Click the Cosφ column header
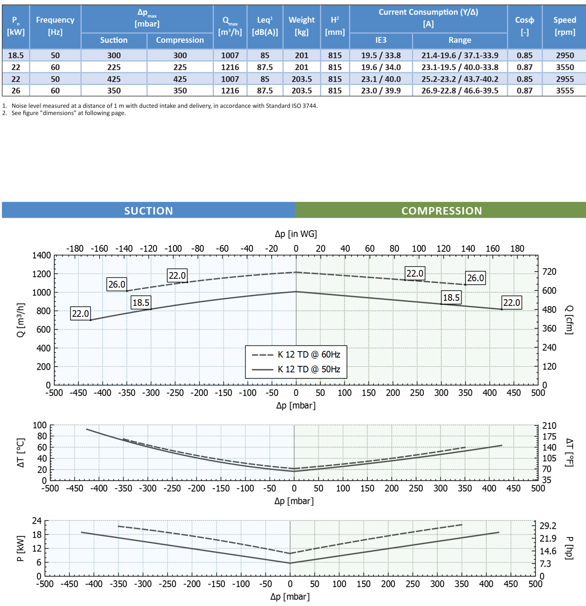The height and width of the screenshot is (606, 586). click(525, 26)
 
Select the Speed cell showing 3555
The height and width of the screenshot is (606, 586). click(565, 91)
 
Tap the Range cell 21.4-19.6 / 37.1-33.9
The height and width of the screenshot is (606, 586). click(460, 55)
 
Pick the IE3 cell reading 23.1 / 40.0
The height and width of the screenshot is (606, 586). click(381, 79)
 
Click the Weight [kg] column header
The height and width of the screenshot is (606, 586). click(302, 26)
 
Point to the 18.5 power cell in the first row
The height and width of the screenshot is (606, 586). click(16, 55)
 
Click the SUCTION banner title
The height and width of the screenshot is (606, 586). click(148, 211)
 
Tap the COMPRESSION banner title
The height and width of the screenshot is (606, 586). click(441, 211)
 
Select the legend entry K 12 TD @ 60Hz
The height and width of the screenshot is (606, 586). click(309, 355)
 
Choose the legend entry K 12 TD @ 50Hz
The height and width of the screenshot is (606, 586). click(309, 369)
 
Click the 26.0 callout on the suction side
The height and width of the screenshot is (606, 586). click(117, 284)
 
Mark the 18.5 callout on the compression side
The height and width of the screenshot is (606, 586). click(451, 298)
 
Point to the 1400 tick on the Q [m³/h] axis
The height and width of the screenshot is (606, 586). click(42, 256)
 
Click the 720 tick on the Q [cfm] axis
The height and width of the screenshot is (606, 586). click(549, 272)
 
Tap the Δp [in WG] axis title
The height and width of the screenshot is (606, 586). click(296, 234)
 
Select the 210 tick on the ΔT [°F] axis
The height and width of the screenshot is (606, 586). click(549, 426)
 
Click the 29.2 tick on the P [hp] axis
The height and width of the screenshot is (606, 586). click(548, 526)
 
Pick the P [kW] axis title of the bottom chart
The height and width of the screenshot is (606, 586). click(21, 548)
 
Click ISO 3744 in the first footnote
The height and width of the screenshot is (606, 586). click(304, 106)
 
